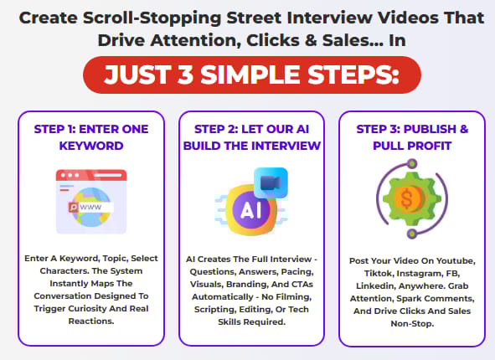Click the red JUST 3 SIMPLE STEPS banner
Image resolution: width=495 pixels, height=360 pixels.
(x=252, y=75)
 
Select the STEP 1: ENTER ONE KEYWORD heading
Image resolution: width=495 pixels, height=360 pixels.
(x=91, y=137)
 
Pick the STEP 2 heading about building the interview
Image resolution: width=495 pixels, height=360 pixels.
(x=251, y=137)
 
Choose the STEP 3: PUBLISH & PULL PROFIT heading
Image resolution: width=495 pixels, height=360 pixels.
(x=412, y=137)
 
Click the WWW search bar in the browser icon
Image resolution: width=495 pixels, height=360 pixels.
(x=91, y=207)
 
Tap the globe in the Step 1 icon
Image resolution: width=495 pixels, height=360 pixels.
(x=91, y=208)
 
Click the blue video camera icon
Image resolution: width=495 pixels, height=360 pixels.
(x=271, y=183)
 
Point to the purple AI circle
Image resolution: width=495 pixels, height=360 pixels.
(x=251, y=210)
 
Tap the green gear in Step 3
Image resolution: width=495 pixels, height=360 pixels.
(x=411, y=198)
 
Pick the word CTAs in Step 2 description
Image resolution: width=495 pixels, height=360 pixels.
(x=302, y=285)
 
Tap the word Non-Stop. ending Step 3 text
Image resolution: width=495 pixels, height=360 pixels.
(x=412, y=324)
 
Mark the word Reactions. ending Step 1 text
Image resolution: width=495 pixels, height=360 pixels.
(x=91, y=321)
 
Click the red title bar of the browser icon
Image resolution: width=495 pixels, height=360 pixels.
(x=91, y=175)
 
